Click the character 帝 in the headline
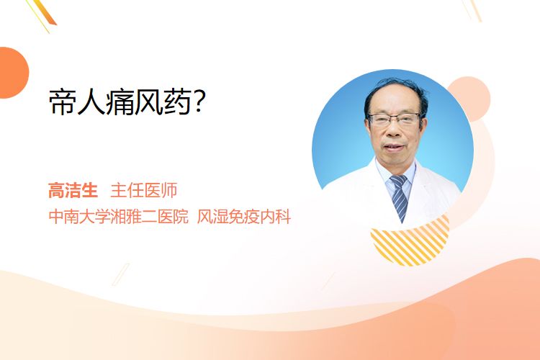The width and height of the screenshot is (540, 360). pos(63,102)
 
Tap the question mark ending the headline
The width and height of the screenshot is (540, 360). pos(199,102)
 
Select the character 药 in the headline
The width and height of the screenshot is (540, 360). pos(178,102)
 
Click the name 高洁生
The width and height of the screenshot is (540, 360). pos(73,190)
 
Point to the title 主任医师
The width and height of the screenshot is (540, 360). pos(144,190)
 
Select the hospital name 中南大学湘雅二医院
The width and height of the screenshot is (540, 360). pos(119,217)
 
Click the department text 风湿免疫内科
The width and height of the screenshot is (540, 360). pos(244,217)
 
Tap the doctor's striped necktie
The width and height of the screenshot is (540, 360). pos(399,197)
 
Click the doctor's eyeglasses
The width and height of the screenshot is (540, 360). pos(395,120)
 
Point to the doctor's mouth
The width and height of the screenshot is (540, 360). pos(393,147)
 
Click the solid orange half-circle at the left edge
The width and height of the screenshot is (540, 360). pos(13,73)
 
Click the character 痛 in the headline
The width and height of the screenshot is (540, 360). pos(120,102)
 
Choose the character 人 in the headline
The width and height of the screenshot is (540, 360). pos(91,102)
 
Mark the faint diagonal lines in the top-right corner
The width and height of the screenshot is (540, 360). pos(472,10)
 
